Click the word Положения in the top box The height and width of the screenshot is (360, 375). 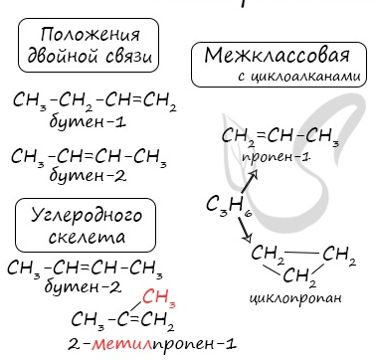90,35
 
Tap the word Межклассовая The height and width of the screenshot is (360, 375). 277,56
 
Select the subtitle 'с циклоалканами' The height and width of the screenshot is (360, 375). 298,77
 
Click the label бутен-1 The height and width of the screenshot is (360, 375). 88,122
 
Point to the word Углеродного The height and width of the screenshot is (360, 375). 87,216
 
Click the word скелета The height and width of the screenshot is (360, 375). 87,237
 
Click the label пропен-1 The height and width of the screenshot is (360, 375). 276,157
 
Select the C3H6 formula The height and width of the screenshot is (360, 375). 229,205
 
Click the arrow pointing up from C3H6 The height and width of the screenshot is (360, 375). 250,181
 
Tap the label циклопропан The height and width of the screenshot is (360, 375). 295,297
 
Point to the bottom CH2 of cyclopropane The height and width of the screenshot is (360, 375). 299,276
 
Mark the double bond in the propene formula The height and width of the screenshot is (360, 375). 262,136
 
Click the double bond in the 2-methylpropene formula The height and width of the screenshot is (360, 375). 134,319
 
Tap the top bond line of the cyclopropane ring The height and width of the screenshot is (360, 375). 301,254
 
